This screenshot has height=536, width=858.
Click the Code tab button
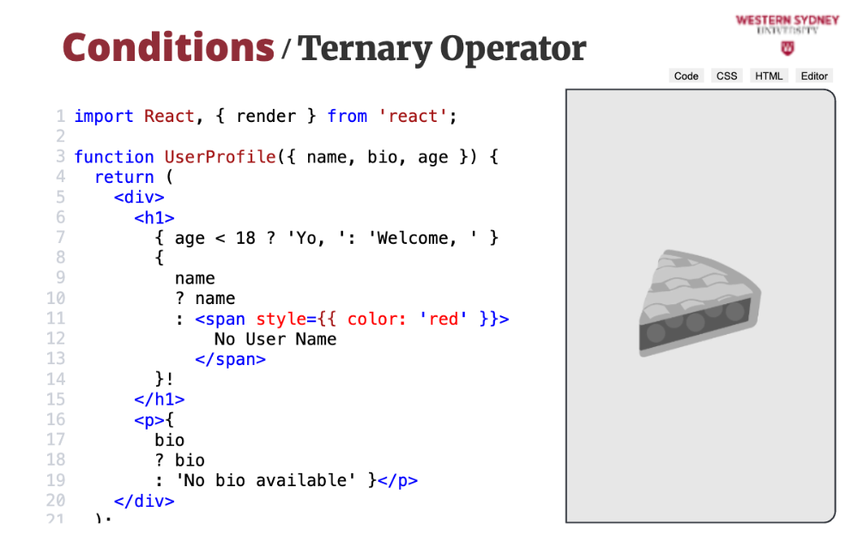[x=686, y=76]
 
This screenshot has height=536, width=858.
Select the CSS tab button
[x=727, y=76]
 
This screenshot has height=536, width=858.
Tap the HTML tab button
[x=769, y=76]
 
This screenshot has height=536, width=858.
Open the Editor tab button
[x=814, y=76]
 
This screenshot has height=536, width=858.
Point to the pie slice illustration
[x=700, y=303]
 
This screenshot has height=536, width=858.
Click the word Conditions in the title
[x=168, y=48]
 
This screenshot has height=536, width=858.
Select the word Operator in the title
[x=513, y=49]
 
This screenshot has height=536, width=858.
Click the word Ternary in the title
[x=365, y=49]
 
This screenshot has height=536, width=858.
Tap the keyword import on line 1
[x=104, y=116]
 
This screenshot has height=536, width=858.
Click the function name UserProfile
[x=220, y=156]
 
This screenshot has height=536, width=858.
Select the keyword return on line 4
[x=124, y=177]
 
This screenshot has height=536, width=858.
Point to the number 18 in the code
[x=245, y=238]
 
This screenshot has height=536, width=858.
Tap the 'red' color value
[x=444, y=319]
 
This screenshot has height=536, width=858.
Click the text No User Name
[x=275, y=339]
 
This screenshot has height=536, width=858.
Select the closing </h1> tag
[x=160, y=399]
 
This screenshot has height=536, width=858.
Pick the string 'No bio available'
[x=265, y=480]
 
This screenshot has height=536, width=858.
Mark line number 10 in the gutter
[x=55, y=298]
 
